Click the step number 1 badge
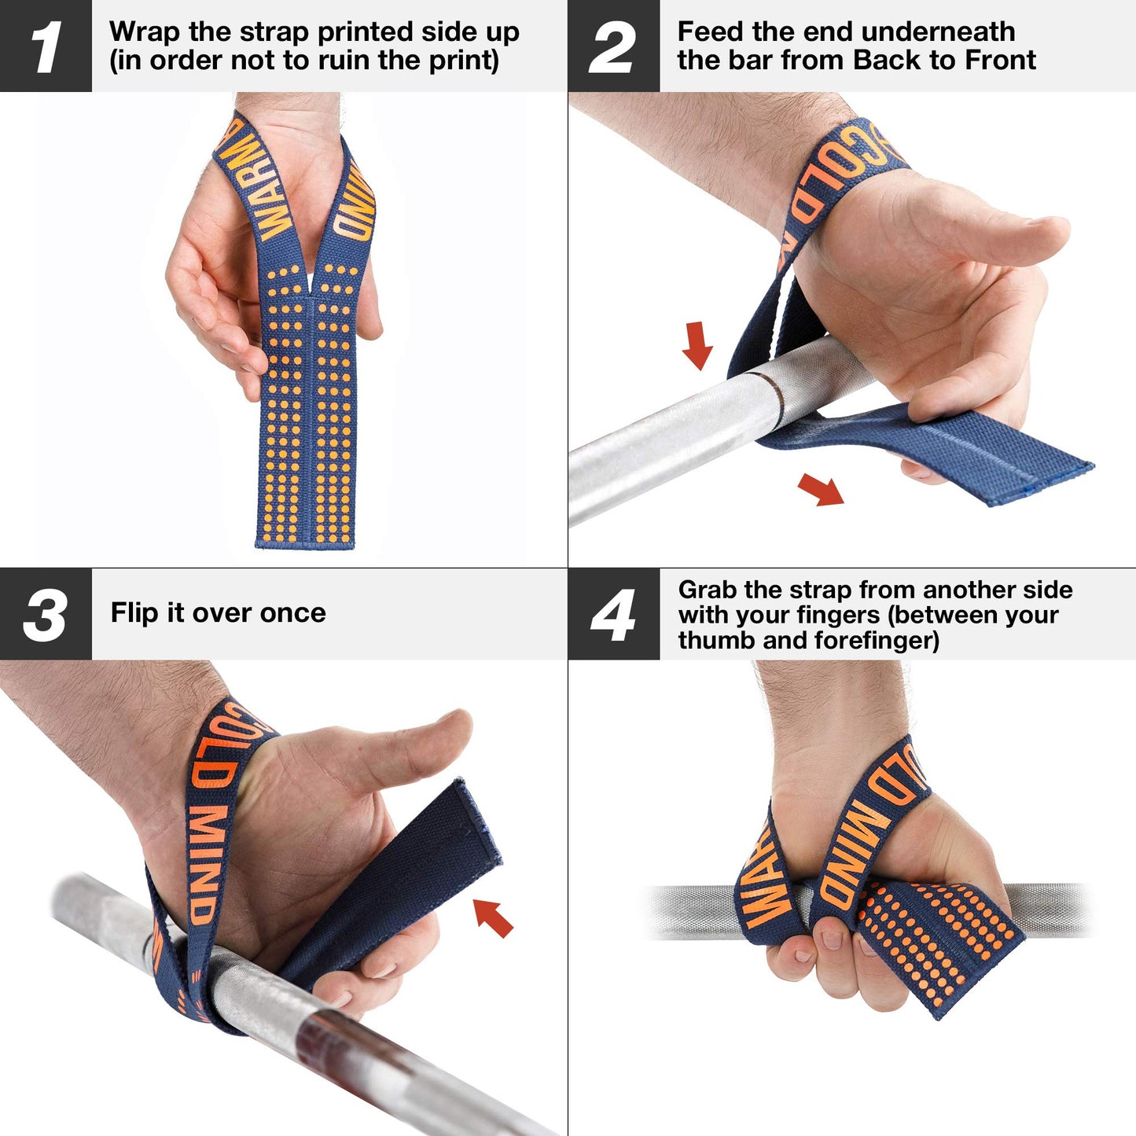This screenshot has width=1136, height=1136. pyautogui.click(x=46, y=46)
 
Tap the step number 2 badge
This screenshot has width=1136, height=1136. pyautogui.click(x=613, y=46)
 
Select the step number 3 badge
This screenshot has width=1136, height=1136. pyautogui.click(x=46, y=614)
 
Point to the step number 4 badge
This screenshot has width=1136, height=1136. pyautogui.click(x=613, y=614)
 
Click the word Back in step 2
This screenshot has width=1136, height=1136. pyautogui.click(x=888, y=61)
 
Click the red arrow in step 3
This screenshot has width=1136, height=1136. pyautogui.click(x=494, y=917)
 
